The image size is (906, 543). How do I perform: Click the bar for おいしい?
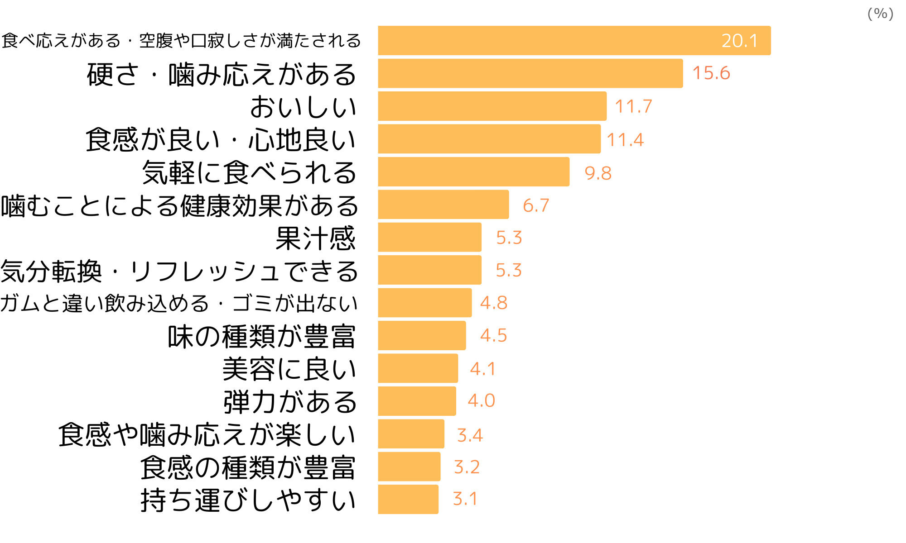(x=492, y=106)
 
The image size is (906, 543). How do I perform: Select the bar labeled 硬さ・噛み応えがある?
(x=530, y=73)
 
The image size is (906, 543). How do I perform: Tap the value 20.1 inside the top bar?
(x=739, y=41)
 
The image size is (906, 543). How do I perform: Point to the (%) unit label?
(x=880, y=14)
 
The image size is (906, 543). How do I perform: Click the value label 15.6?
(x=711, y=73)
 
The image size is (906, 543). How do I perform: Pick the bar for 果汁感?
(x=429, y=237)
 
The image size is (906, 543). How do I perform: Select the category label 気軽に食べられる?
(x=249, y=172)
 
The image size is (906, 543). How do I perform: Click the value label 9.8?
(x=598, y=173)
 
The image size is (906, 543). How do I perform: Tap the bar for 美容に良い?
(x=418, y=368)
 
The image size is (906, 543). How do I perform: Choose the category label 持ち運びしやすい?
(x=248, y=500)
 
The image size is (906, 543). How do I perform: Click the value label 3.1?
(x=465, y=499)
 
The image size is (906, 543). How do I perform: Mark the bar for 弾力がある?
(x=417, y=401)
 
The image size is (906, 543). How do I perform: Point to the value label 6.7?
(x=536, y=205)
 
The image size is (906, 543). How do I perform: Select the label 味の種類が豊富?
(x=261, y=336)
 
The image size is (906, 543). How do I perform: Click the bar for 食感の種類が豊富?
(x=409, y=467)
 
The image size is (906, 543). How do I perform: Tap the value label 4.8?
(x=494, y=303)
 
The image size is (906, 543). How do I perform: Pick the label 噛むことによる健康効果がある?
(x=179, y=206)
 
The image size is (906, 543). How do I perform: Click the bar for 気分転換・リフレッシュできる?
(x=429, y=270)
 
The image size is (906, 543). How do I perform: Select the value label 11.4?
(x=625, y=140)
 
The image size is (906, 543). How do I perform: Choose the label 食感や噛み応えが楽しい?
(x=207, y=435)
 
